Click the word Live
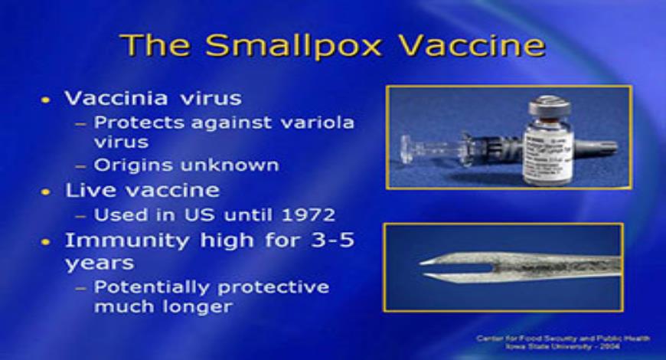[x=86, y=190]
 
